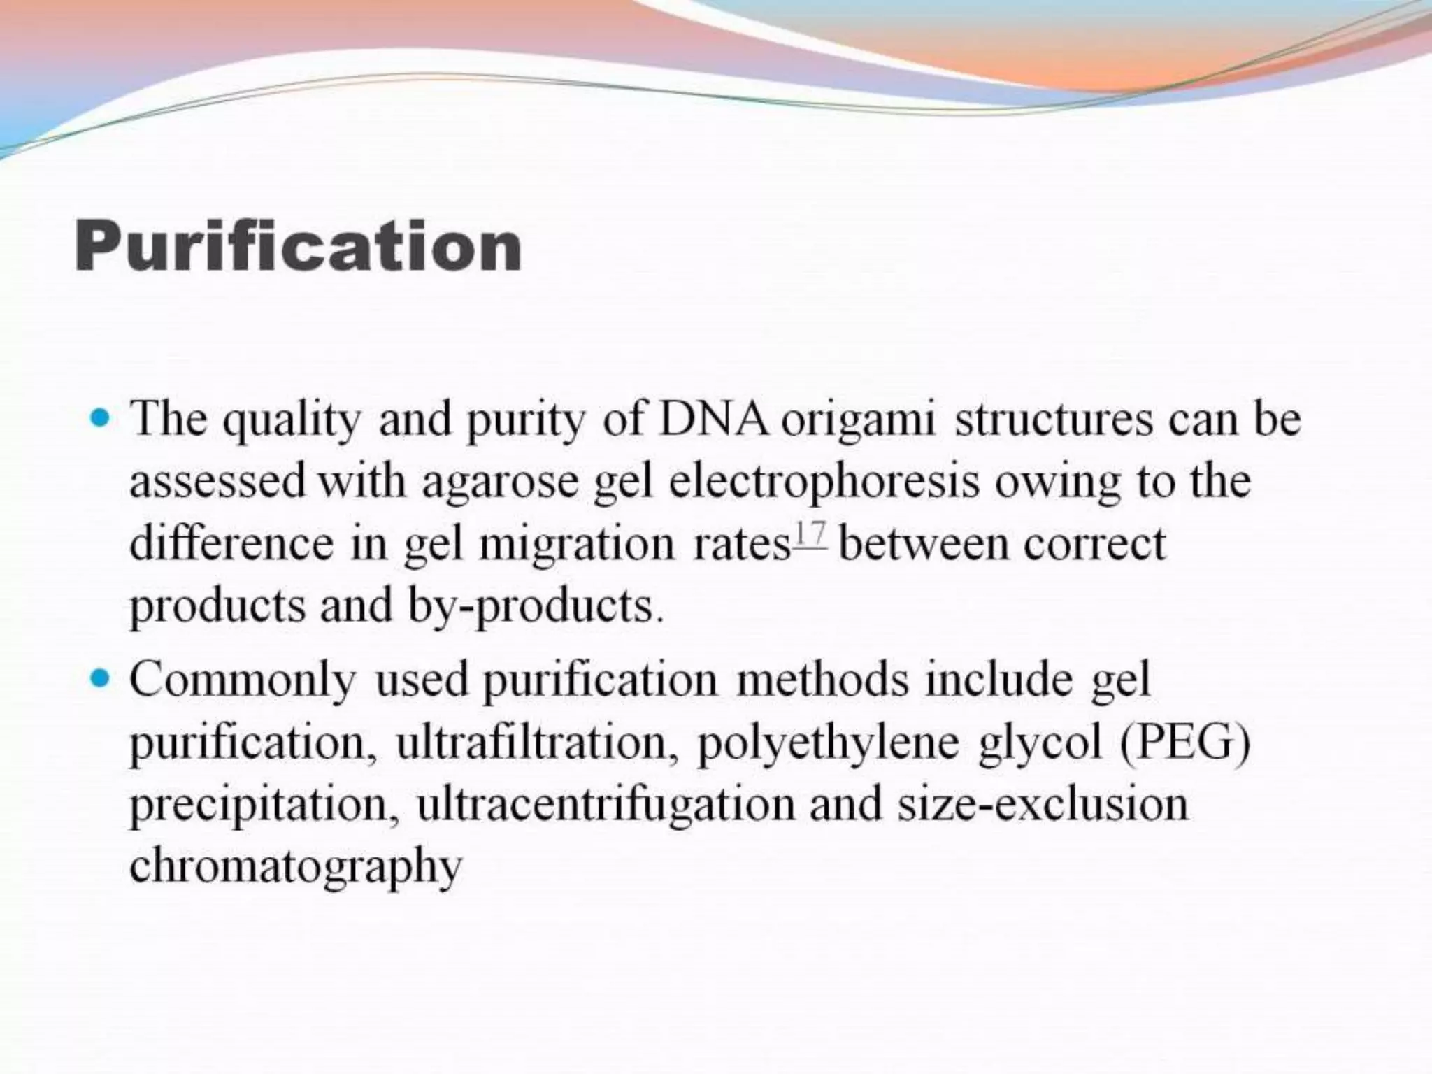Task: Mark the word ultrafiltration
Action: click(537, 743)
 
